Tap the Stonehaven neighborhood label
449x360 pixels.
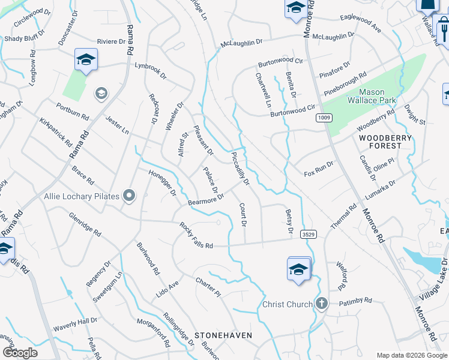coord(223,335)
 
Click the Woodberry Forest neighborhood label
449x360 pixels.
coord(380,142)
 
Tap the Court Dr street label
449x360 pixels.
coord(243,215)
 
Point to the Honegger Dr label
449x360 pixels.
coord(162,182)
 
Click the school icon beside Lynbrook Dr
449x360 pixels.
coord(86,59)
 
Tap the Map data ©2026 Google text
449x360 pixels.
coord(411,355)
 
